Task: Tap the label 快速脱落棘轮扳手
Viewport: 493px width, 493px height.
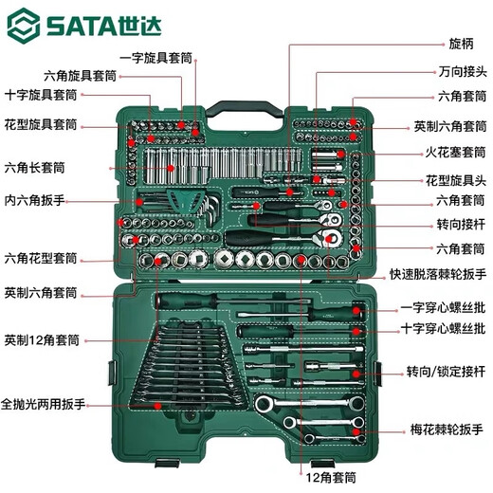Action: click(x=437, y=274)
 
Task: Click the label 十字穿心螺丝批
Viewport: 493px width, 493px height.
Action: click(x=443, y=329)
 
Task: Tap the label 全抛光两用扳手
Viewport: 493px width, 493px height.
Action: click(x=44, y=404)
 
